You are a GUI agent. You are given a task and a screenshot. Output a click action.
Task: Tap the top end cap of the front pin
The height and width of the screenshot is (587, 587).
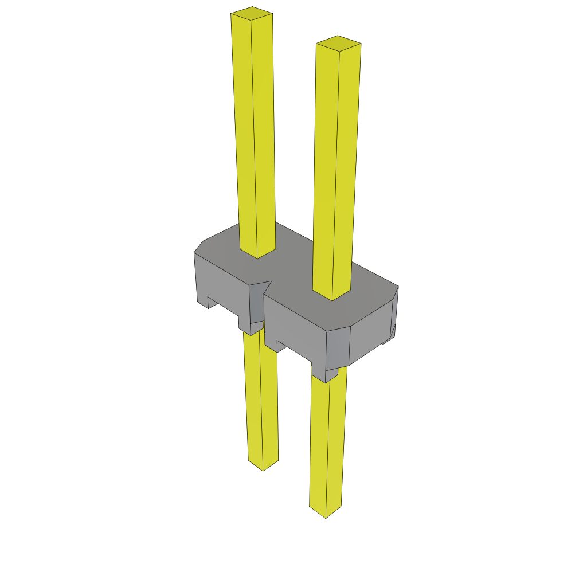pyautogui.click(x=338, y=44)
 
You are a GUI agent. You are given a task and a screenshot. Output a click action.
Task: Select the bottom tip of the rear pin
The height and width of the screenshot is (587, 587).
pyautogui.click(x=263, y=465)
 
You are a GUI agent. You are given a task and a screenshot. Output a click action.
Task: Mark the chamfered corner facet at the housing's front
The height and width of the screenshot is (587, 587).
pyautogui.click(x=338, y=347)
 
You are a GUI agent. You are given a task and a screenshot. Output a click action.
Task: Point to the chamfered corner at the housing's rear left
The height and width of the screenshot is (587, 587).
pyautogui.click(x=199, y=246)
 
